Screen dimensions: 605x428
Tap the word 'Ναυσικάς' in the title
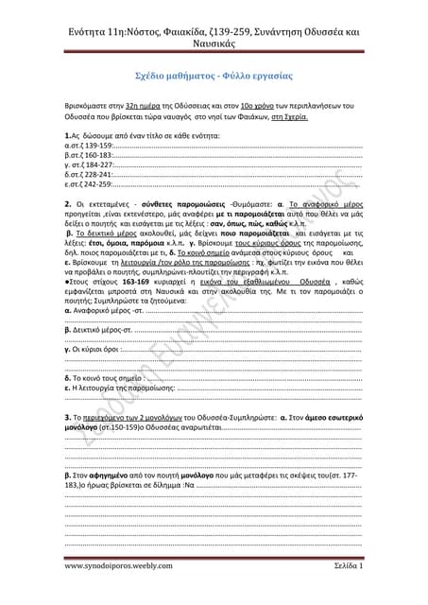(x=214, y=43)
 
